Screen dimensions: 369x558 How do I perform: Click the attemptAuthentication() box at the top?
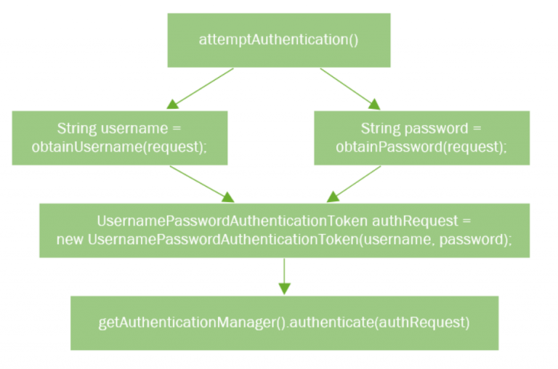(279, 40)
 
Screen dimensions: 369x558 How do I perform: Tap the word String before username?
(76, 129)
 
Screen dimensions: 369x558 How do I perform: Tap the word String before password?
(379, 129)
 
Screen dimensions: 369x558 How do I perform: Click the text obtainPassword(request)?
(421, 147)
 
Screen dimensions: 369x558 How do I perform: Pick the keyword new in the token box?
(70, 239)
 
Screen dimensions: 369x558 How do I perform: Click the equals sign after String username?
(174, 129)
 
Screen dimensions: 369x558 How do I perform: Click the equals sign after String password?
(476, 129)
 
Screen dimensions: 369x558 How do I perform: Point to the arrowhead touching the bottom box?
(284, 288)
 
